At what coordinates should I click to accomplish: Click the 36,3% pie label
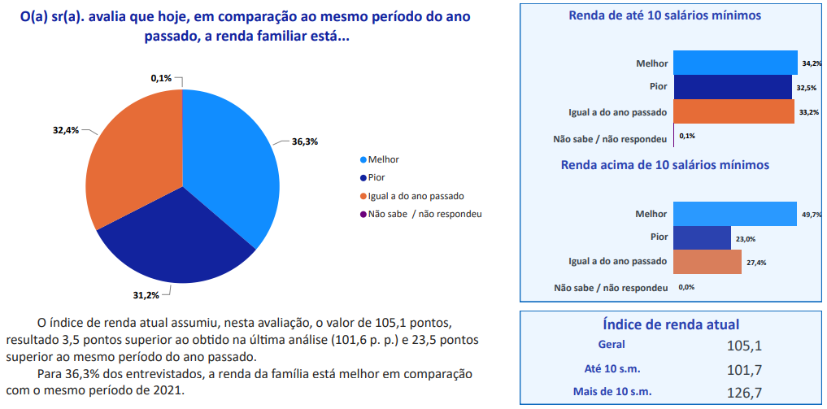(x=304, y=141)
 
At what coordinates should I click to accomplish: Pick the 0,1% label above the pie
(x=161, y=78)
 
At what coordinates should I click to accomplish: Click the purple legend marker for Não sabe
(x=363, y=215)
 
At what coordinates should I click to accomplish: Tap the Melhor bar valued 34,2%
(x=735, y=63)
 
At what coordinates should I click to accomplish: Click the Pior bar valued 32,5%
(x=733, y=87)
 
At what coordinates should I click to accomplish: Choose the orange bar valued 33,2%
(x=733, y=111)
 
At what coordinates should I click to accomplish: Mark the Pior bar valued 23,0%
(x=703, y=238)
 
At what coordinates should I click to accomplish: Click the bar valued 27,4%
(x=707, y=262)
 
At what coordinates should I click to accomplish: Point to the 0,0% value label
(x=686, y=287)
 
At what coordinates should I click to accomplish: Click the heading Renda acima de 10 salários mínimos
(x=665, y=164)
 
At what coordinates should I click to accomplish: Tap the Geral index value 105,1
(x=744, y=346)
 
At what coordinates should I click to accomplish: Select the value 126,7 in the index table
(x=744, y=393)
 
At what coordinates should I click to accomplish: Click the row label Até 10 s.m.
(x=612, y=368)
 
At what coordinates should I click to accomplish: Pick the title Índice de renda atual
(x=670, y=324)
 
